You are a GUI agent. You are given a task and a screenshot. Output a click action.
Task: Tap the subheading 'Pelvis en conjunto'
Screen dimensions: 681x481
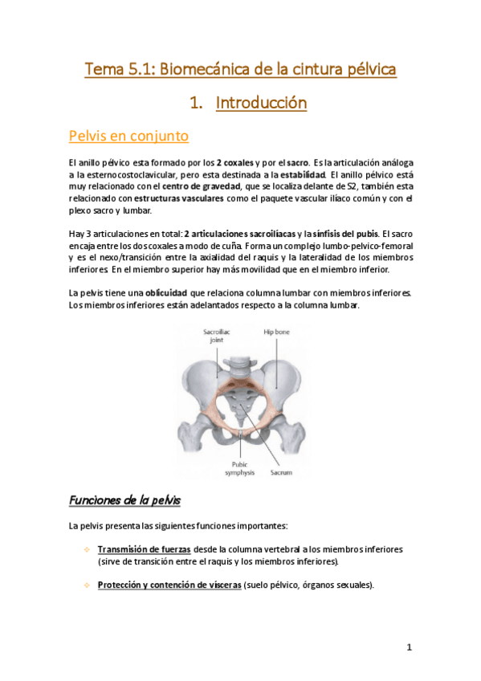[x=128, y=136]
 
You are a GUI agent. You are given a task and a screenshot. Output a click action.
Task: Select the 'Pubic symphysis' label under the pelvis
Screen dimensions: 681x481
[x=239, y=468]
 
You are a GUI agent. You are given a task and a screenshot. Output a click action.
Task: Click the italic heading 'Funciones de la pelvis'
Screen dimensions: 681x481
[x=124, y=500]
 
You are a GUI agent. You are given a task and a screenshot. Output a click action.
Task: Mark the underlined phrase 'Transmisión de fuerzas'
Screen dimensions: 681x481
[x=144, y=549]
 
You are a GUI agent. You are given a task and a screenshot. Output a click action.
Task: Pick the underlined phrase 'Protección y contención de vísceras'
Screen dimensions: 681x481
[x=169, y=585]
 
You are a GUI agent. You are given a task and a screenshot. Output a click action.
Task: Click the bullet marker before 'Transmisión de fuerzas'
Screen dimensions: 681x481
[x=87, y=549]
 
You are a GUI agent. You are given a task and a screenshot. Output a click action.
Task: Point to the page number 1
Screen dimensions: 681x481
[x=409, y=647]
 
